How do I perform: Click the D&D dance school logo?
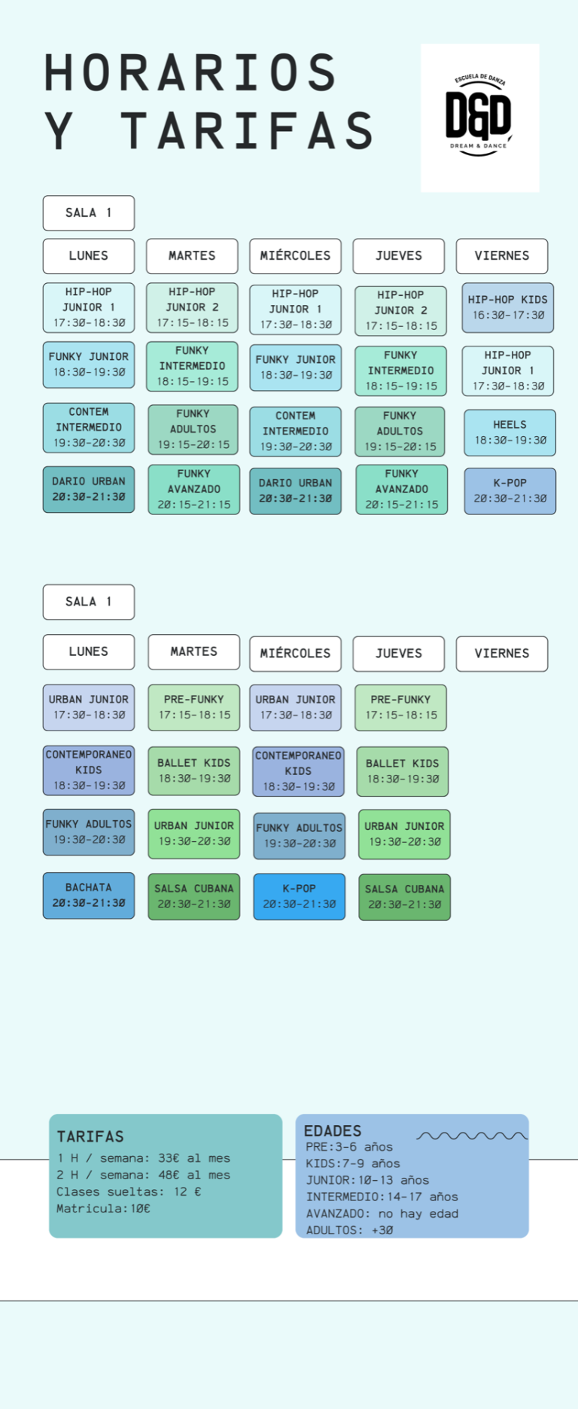479,117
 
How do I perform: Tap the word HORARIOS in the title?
190,73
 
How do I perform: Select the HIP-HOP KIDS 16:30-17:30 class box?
508,307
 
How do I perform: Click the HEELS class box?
510,432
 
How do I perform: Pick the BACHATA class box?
89,895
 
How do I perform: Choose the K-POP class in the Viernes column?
510,491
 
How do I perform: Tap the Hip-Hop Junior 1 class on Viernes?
508,371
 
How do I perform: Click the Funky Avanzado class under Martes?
193,489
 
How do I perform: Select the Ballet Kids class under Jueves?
402,771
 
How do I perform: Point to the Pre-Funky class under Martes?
193,707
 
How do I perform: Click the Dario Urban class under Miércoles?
295,491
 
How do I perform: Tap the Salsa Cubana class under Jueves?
404,897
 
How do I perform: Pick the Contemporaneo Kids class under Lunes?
89,770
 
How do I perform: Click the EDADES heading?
333,1130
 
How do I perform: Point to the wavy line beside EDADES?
472,1136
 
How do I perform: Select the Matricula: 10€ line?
103,1209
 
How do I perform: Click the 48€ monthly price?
169,1175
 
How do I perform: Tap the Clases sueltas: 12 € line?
129,1192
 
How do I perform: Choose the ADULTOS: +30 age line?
349,1231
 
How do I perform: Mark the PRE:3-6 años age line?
349,1147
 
